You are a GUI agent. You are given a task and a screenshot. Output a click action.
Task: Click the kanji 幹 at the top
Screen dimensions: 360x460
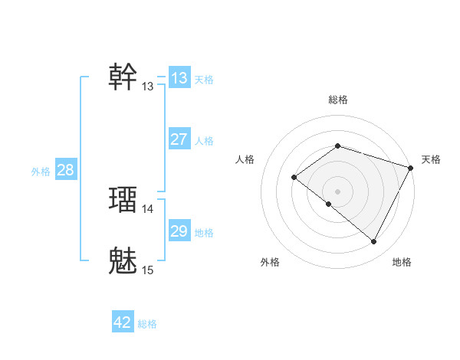click(x=123, y=77)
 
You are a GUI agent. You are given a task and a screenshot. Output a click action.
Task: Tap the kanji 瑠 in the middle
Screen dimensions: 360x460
click(x=123, y=199)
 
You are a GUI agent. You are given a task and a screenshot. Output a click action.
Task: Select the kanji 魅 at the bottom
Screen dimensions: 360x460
click(x=123, y=260)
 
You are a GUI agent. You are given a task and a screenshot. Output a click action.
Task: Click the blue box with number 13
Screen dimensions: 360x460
click(x=179, y=78)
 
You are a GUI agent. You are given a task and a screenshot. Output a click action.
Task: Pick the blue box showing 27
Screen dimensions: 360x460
click(x=179, y=139)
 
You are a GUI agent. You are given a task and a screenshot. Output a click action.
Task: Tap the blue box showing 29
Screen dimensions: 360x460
click(x=179, y=231)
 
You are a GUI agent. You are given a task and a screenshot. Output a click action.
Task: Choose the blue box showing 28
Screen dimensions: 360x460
click(x=65, y=170)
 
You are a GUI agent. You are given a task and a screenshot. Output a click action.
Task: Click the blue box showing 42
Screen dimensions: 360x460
click(x=123, y=322)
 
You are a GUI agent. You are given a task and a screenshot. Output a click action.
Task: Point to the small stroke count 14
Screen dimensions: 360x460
click(x=148, y=208)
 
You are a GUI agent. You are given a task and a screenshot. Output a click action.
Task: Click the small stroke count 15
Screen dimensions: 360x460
click(x=148, y=270)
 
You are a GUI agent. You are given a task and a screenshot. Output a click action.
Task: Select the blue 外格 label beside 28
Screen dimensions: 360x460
click(x=41, y=172)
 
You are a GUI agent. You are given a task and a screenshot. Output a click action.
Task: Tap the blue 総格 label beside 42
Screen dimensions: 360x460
click(x=147, y=324)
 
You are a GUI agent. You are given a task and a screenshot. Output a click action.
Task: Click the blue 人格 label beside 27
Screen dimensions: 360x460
click(x=204, y=141)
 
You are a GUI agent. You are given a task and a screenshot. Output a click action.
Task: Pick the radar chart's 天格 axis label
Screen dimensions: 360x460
click(x=431, y=159)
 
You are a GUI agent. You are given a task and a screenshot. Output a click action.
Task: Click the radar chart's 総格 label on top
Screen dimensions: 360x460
click(x=338, y=100)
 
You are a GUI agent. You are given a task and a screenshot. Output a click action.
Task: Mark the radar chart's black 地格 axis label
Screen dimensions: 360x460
click(x=402, y=262)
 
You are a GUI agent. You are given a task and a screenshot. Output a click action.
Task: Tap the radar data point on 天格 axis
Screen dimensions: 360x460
click(x=411, y=167)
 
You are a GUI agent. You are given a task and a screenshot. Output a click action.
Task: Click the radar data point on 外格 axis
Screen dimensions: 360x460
click(x=329, y=204)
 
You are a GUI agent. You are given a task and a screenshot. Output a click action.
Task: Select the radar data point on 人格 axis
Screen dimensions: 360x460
click(x=294, y=178)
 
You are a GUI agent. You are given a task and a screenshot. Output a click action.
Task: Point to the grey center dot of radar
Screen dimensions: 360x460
click(x=338, y=191)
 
